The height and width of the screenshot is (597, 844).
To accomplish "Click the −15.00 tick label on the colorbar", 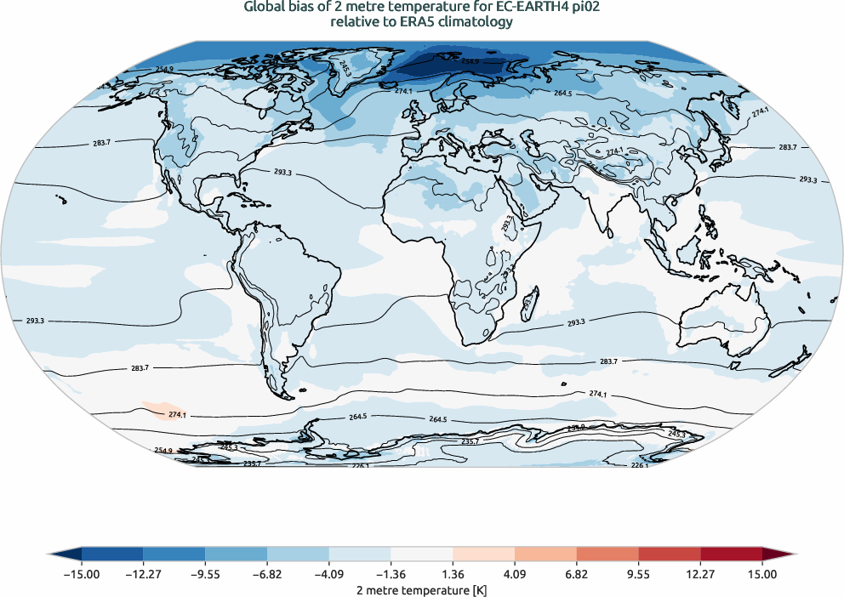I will [x=82, y=575].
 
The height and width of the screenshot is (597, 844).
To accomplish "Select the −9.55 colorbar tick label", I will [x=205, y=575].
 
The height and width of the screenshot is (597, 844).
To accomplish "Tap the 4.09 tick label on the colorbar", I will [x=515, y=575].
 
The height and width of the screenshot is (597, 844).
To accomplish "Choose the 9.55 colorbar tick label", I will [x=638, y=575].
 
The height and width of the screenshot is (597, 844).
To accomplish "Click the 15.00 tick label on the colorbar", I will [x=762, y=575].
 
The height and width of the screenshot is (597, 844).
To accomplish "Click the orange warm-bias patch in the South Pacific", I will [x=157, y=410].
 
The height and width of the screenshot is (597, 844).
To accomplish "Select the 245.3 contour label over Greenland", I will [x=344, y=67].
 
